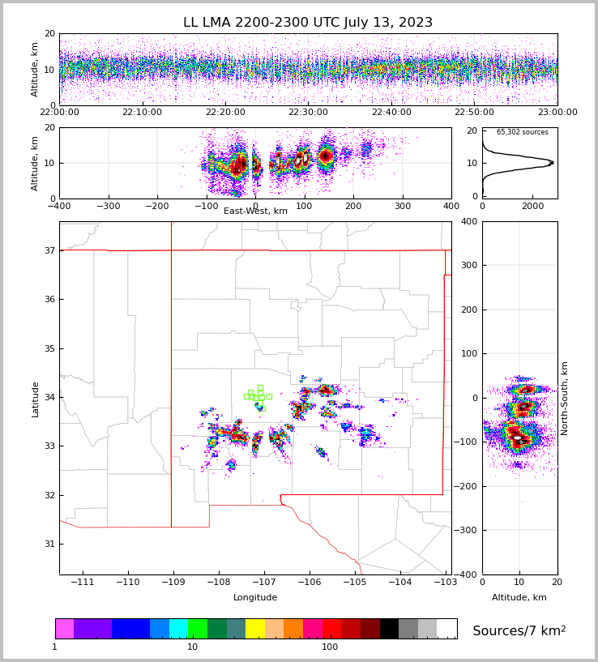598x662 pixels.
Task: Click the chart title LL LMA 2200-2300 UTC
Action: point(308,23)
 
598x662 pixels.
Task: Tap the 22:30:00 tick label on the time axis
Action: point(308,113)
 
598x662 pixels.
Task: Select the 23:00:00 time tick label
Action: point(557,113)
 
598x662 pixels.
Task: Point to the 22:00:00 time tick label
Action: point(59,113)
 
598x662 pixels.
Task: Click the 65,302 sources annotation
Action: point(522,132)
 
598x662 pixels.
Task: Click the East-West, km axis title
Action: point(255,211)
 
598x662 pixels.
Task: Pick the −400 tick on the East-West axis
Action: point(59,206)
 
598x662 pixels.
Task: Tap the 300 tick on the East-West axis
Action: point(403,206)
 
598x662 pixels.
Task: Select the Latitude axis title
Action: point(36,399)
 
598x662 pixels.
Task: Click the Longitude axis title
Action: point(255,598)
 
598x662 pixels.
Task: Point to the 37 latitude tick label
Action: point(49,251)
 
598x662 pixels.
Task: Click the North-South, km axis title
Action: point(565,399)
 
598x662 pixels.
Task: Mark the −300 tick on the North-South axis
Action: point(492,531)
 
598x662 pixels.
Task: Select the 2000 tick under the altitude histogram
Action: point(532,206)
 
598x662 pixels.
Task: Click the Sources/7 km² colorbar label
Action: point(519,631)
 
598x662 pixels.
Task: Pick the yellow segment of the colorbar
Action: point(255,629)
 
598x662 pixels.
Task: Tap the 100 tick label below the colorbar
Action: point(330,647)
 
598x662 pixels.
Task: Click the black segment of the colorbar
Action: point(389,629)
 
